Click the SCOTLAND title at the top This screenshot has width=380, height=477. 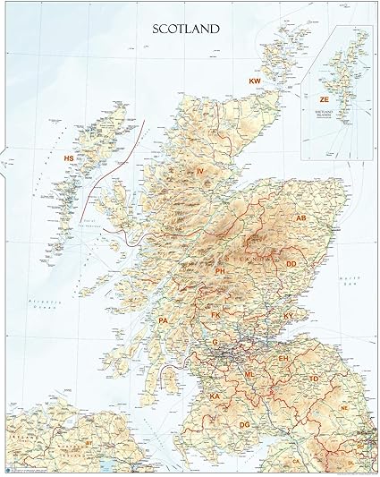click(x=187, y=29)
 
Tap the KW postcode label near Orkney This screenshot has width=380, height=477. click(x=255, y=81)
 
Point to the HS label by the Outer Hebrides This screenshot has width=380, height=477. click(x=68, y=158)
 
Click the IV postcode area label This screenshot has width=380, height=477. click(x=200, y=170)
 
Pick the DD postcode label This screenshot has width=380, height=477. click(x=291, y=264)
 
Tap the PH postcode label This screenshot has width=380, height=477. click(x=220, y=270)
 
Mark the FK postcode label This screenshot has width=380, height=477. click(x=215, y=316)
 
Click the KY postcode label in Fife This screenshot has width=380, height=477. click(x=289, y=316)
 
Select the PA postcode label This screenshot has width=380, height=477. click(x=163, y=320)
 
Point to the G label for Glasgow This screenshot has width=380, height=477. click(x=215, y=342)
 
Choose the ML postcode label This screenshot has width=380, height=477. click(x=249, y=374)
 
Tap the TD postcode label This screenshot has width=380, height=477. click(x=314, y=379)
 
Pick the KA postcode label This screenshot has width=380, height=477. click(x=215, y=396)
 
